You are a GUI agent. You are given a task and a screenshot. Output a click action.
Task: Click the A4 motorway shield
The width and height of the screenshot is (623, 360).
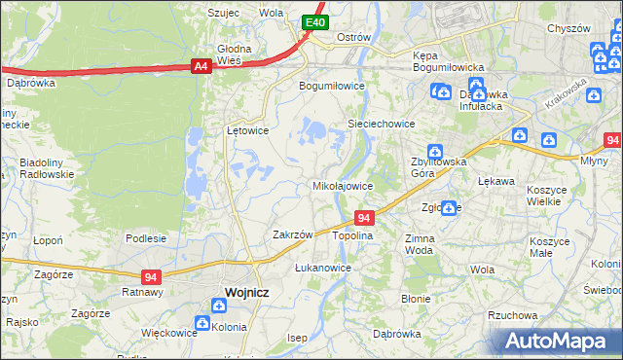point(201,66)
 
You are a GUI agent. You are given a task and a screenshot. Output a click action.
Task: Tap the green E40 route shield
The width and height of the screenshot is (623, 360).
point(313,22)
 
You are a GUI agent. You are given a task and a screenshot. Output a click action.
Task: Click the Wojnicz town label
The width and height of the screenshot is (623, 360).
point(246,292)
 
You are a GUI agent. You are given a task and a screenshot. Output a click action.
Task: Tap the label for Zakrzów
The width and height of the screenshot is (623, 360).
point(292,234)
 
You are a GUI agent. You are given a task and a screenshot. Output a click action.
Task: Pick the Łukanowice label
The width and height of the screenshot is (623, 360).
point(322,267)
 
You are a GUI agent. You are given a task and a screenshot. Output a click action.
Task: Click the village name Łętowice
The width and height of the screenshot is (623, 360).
point(247,129)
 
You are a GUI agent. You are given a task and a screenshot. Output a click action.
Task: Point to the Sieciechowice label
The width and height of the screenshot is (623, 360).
point(383,125)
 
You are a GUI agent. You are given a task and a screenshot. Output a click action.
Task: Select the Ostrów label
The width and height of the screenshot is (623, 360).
point(353,37)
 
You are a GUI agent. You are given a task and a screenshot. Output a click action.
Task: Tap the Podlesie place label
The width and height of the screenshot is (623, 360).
point(146,238)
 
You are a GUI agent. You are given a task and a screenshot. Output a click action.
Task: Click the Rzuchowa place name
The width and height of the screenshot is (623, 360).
point(513,315)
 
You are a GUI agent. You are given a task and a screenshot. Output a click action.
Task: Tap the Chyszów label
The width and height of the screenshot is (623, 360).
point(569,28)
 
